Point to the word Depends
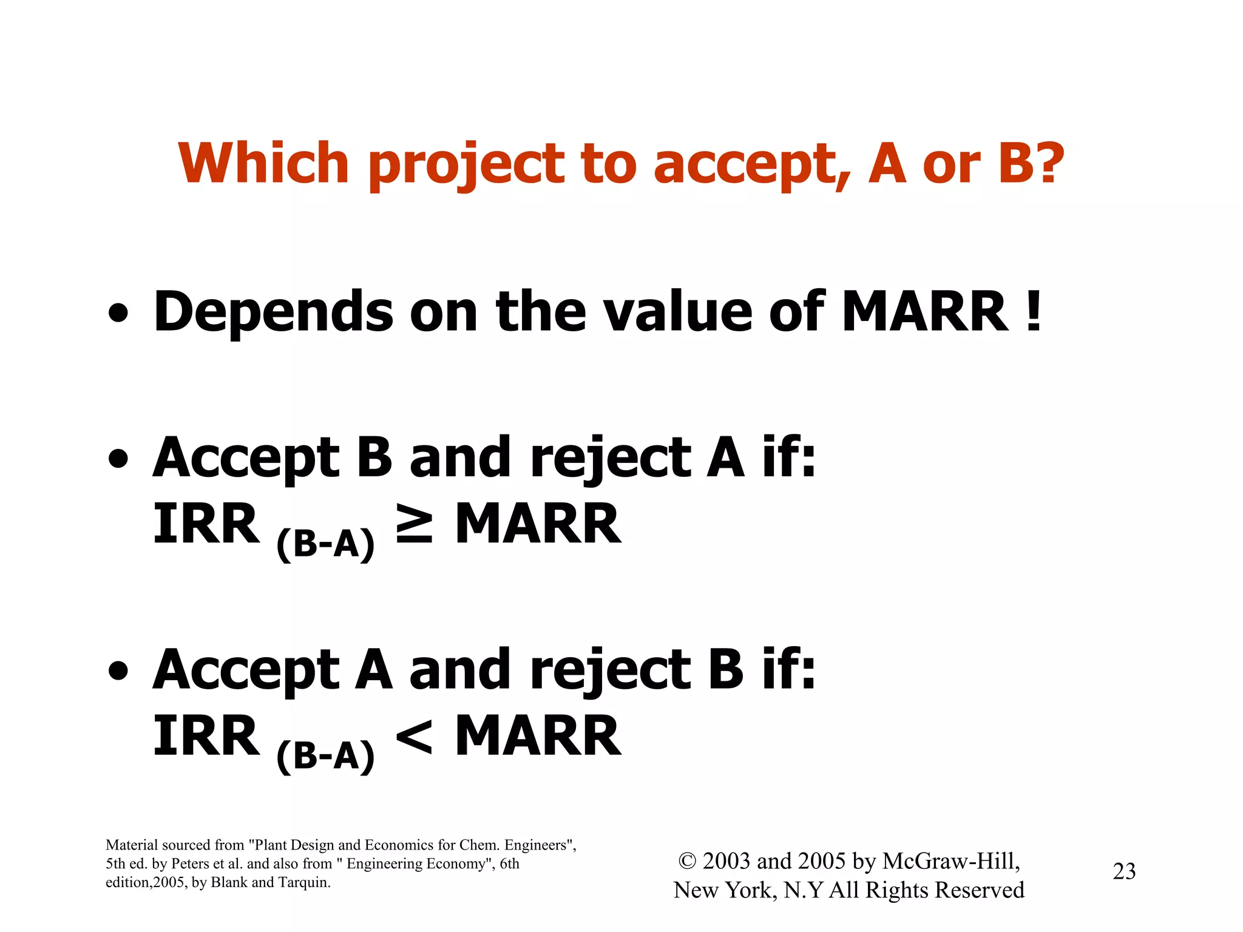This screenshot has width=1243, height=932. (x=274, y=312)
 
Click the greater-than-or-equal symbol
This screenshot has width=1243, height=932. (x=414, y=524)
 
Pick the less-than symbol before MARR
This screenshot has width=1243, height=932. (x=414, y=736)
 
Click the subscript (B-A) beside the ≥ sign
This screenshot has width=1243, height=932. (x=325, y=543)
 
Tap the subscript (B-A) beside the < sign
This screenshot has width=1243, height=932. (x=325, y=755)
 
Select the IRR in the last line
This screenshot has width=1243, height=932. (x=206, y=736)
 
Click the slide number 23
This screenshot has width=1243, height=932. (x=1123, y=871)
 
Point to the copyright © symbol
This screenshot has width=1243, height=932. (x=687, y=861)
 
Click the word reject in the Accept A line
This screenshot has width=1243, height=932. (x=611, y=671)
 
